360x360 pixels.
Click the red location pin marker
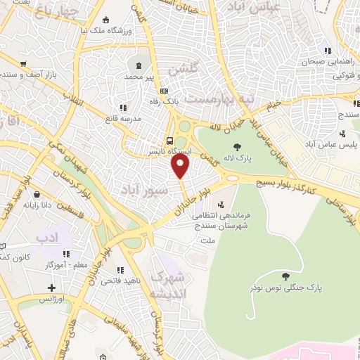181,167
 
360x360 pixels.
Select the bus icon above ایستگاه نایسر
170,139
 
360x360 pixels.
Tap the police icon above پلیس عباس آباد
342,133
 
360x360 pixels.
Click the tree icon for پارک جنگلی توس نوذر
284,276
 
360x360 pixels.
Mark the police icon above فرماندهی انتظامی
221,205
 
